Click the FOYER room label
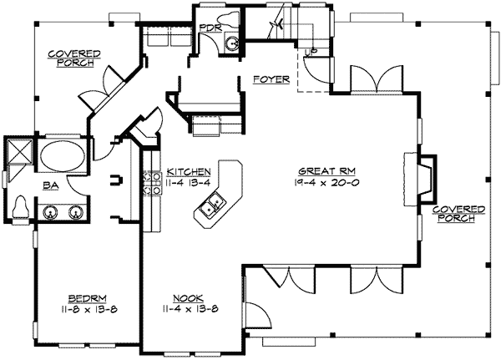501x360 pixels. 270,80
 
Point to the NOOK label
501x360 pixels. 186,297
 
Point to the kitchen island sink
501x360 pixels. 211,204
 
